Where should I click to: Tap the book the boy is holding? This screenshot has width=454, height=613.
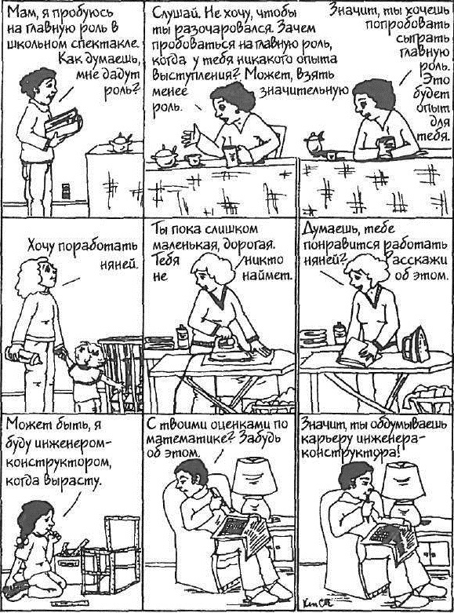pos(64,122)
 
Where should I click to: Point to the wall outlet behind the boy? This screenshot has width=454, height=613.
pos(66,192)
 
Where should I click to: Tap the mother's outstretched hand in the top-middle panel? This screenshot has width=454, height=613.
pos(191,135)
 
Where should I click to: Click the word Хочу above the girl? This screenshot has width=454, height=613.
pos(40,246)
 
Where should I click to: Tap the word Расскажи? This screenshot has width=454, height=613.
pos(416,261)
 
